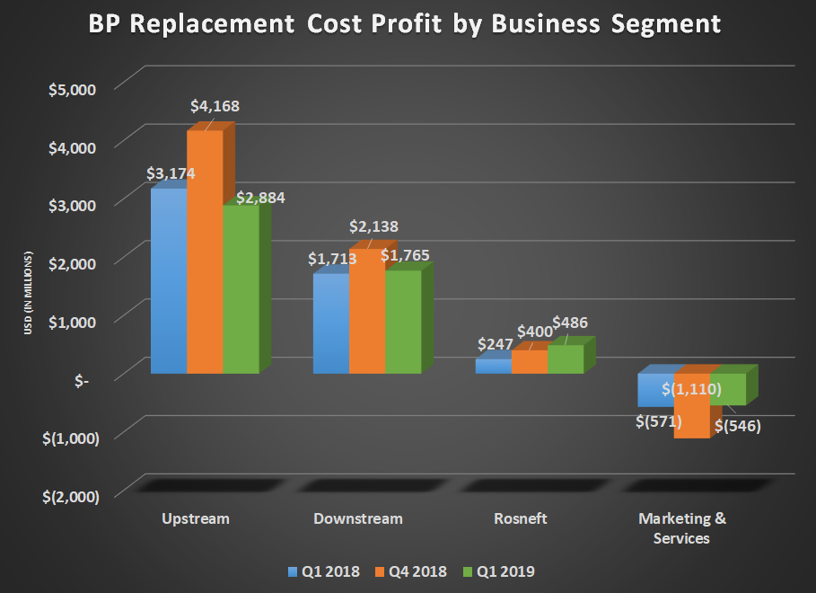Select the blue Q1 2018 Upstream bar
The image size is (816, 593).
coord(169,283)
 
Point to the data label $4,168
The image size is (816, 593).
coord(215,106)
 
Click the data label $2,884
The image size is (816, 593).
coord(260,198)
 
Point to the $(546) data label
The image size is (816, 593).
coord(737,426)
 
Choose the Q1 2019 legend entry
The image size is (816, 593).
coord(501,571)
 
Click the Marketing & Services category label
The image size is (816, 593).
coord(682,528)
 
